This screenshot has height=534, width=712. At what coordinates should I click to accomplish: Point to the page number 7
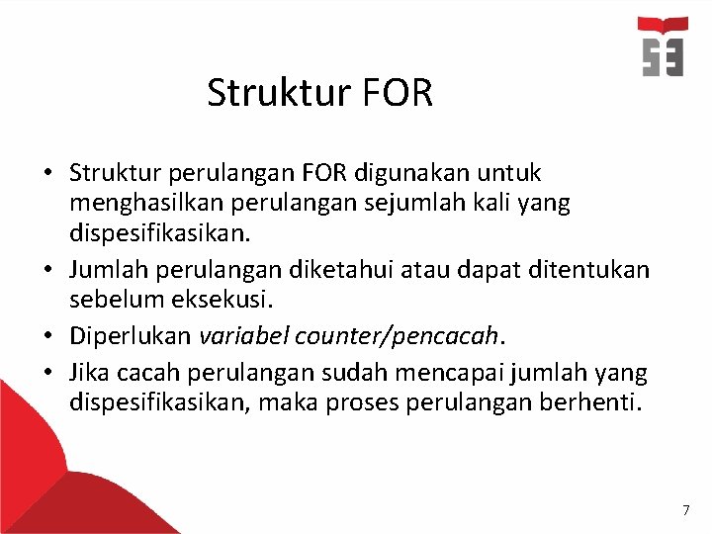click(685, 510)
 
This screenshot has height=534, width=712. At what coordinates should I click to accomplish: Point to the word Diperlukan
click(130, 336)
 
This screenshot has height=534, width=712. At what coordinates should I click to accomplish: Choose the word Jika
click(89, 373)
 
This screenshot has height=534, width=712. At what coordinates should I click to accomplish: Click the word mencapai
click(463, 373)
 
